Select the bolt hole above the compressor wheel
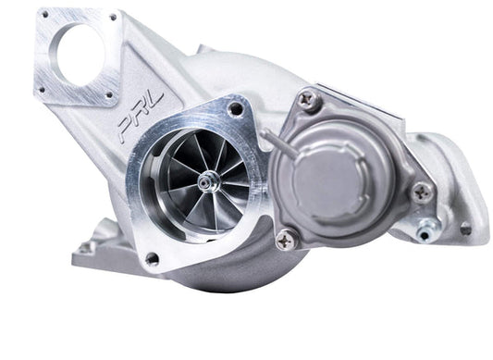(x=237, y=108)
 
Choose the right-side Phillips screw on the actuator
(x=422, y=192)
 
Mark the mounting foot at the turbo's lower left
(x=88, y=248)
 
